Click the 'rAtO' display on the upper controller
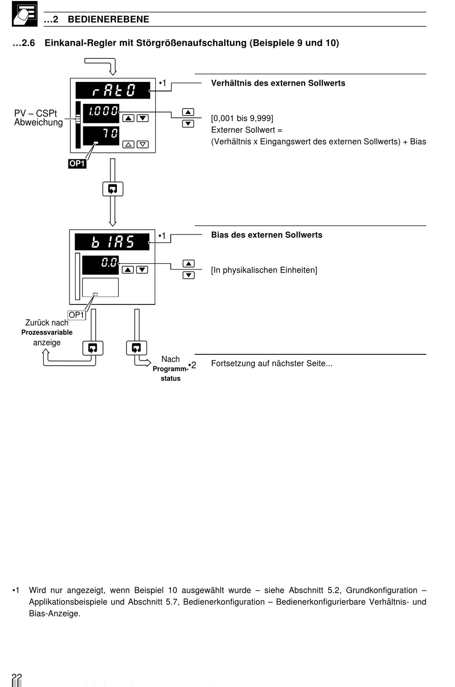tap(113, 90)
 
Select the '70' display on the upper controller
tap(101, 135)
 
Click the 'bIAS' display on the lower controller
tap(112, 242)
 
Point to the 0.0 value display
tap(100, 265)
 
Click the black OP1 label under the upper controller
tap(77, 163)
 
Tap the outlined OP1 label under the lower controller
tap(77, 315)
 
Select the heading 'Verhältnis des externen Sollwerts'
tap(278, 83)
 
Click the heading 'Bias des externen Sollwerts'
tap(267, 235)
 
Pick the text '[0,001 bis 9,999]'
tap(242, 118)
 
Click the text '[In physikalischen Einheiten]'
tap(264, 270)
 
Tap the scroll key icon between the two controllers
tap(113, 189)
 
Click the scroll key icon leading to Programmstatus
tap(136, 348)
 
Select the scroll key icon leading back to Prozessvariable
tap(92, 348)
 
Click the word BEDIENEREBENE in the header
tap(108, 19)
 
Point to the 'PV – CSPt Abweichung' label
tap(38, 118)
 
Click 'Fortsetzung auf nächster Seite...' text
tap(272, 363)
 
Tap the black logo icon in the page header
tap(24, 14)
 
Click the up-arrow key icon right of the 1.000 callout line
tap(188, 112)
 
